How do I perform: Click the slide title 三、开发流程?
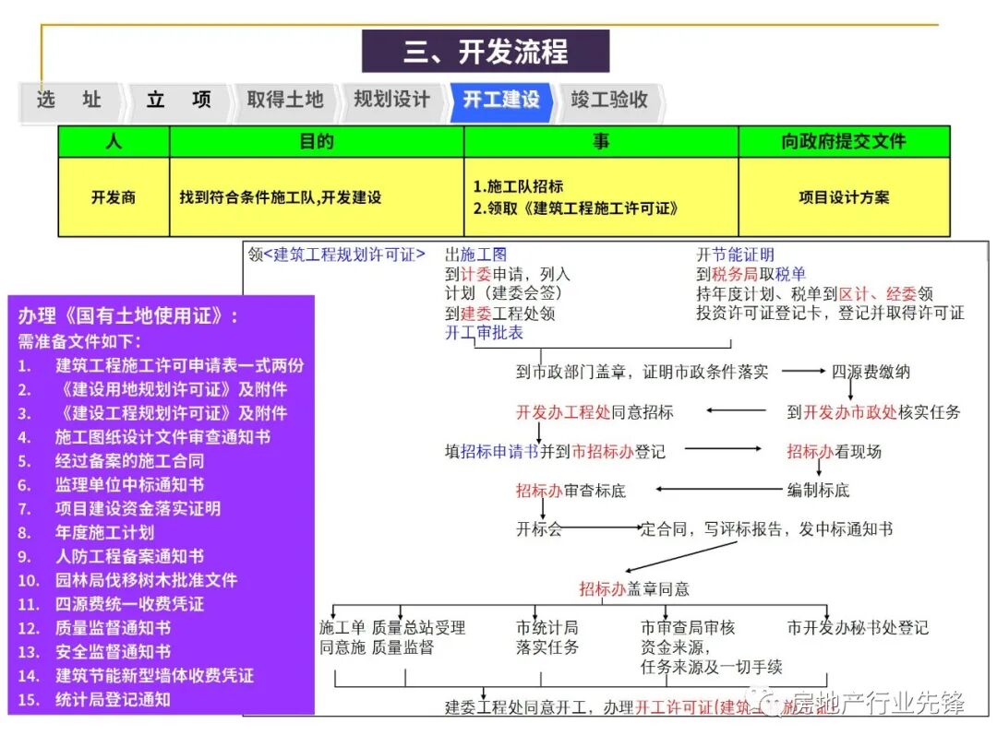(485, 51)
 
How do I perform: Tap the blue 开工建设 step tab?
(501, 101)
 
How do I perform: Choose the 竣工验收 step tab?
(609, 101)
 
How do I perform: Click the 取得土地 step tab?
(284, 101)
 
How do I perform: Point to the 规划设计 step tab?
(391, 101)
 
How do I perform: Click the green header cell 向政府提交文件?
(844, 141)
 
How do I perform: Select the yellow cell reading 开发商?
(114, 197)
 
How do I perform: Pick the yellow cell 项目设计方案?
(844, 197)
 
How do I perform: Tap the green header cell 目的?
(316, 141)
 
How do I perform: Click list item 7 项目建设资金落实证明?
(138, 508)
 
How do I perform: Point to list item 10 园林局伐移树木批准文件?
(146, 580)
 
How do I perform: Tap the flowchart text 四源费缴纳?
(871, 372)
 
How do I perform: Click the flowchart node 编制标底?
(818, 491)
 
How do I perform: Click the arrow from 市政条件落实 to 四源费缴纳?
(801, 372)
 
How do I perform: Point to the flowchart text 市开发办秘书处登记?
(858, 628)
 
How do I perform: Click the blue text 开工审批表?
(484, 333)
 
